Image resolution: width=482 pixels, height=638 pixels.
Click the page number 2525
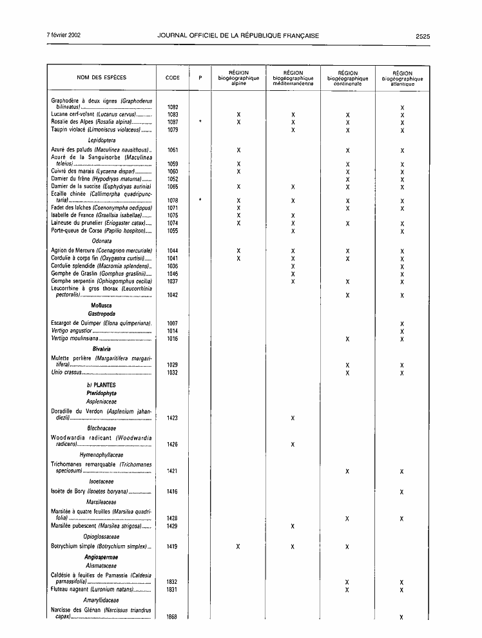[423, 36]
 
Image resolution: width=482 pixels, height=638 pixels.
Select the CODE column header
[172, 78]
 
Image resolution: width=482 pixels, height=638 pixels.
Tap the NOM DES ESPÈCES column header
[102, 78]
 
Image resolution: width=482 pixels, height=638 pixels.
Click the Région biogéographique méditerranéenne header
[293, 78]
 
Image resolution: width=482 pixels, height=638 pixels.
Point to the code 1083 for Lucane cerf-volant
[172, 114]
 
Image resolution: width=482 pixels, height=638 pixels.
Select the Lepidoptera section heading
[101, 139]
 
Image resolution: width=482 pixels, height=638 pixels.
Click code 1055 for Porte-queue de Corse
[172, 231]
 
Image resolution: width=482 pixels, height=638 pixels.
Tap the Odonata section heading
[101, 240]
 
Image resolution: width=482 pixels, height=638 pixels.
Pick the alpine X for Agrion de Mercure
[238, 250]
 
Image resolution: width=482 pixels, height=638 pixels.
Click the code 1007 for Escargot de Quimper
[172, 324]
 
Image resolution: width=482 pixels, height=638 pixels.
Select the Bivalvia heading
[101, 348]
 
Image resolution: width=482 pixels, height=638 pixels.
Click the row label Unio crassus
[66, 372]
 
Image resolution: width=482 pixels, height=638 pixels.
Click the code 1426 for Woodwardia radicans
[172, 445]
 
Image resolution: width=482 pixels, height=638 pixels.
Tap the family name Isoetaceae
[101, 481]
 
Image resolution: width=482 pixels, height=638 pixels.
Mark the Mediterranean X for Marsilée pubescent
[293, 526]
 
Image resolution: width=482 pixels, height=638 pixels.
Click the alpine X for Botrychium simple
[238, 547]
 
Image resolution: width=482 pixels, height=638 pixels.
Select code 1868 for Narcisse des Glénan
[172, 617]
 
